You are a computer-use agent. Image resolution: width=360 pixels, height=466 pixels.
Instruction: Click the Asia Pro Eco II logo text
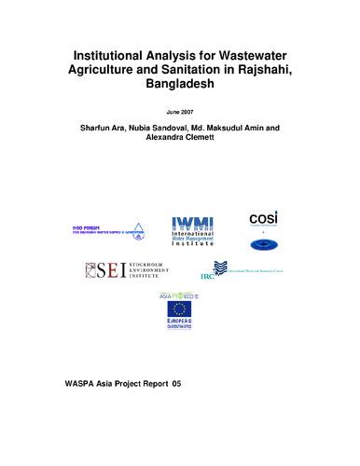click(177, 295)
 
